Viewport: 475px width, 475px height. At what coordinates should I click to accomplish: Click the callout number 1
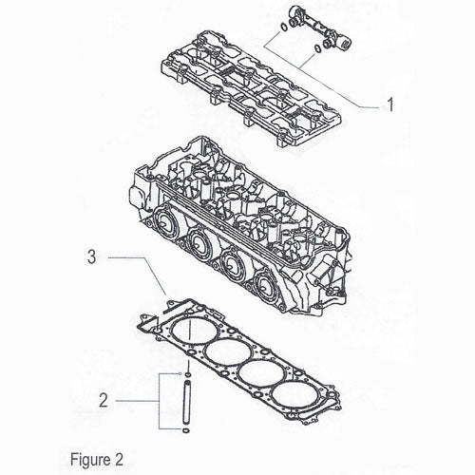point(390,104)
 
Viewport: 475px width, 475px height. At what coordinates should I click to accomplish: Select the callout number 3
point(91,256)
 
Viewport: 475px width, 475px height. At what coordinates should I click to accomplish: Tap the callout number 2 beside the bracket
point(104,401)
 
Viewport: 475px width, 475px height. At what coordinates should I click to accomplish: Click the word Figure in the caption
point(86,459)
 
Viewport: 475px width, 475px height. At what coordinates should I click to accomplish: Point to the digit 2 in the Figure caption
point(119,460)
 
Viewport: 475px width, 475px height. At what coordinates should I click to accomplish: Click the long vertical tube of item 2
point(187,402)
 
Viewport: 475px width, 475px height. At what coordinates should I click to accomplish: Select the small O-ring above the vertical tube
point(188,375)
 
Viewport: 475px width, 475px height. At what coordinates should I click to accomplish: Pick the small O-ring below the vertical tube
point(186,430)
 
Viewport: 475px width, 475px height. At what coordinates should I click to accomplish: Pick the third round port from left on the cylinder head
point(232,263)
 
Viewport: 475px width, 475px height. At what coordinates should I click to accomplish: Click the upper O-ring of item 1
point(284,28)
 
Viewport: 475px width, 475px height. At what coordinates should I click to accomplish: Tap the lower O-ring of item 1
point(317,48)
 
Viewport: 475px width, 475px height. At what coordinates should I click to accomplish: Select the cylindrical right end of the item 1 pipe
point(346,43)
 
